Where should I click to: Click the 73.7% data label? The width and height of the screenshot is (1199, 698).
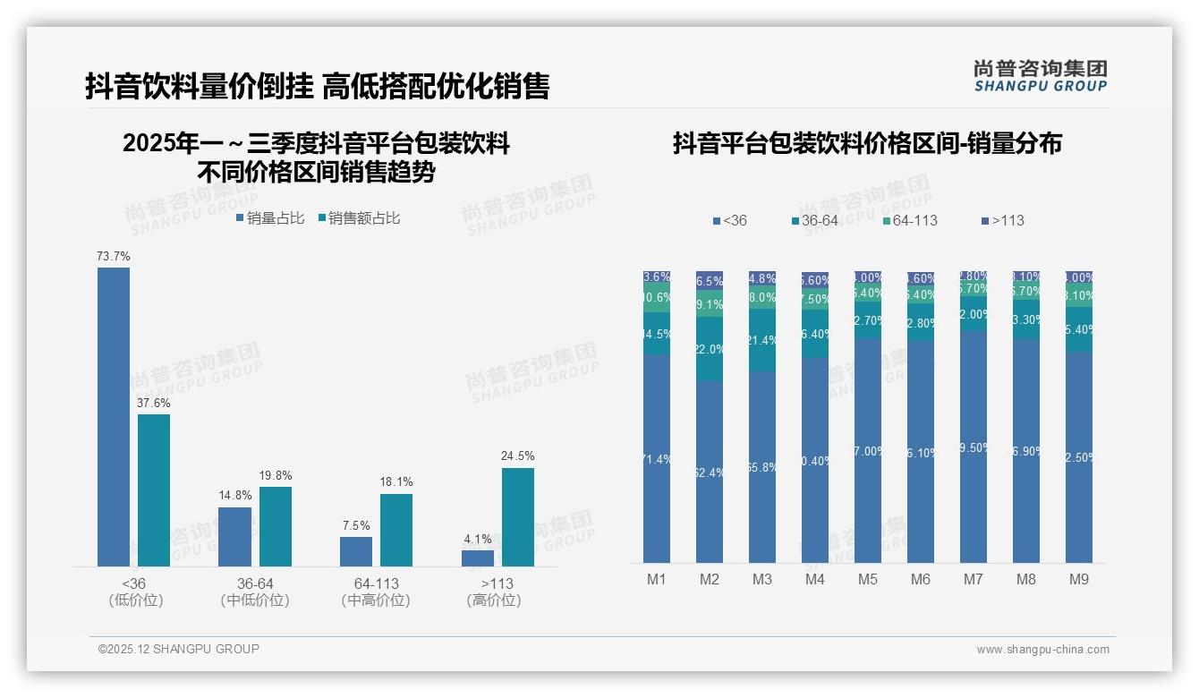coord(114,256)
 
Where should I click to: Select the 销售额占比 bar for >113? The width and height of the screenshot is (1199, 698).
coord(517,517)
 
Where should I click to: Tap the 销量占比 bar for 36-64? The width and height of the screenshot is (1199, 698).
coord(234,537)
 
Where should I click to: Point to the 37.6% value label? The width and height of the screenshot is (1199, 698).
coord(154,403)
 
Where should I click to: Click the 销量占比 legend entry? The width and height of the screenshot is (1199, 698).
coord(269,218)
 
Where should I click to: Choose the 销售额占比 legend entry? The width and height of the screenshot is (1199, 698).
coord(359,218)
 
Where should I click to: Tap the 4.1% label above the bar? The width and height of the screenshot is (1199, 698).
coord(478,539)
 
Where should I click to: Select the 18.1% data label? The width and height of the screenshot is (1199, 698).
coord(396,481)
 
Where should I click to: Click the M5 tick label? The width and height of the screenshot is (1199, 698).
coord(868,579)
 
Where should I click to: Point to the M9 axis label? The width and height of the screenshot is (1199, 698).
coord(1079,579)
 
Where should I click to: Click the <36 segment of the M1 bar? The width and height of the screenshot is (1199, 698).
coord(656,458)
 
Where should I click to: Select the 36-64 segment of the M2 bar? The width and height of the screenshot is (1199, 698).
coord(709,348)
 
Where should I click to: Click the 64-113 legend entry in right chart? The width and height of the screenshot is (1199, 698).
coord(909,220)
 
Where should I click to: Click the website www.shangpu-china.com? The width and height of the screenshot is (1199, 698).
coord(1042,650)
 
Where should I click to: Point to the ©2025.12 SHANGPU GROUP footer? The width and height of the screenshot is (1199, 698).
coord(179,649)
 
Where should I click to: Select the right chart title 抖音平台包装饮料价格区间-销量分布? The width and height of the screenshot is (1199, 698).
coord(867,143)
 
